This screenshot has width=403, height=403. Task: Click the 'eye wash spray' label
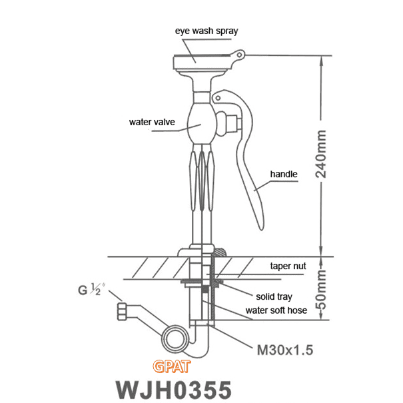click(x=206, y=31)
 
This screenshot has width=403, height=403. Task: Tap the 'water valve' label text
click(x=152, y=122)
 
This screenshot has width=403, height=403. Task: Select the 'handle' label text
click(x=284, y=174)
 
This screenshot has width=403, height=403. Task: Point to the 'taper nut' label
click(x=288, y=266)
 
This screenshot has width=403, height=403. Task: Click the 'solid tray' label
click(x=274, y=296)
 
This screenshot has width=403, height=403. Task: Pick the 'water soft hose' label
click(x=276, y=310)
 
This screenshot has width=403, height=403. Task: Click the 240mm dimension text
click(x=321, y=155)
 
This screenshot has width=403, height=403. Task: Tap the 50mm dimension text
click(x=321, y=290)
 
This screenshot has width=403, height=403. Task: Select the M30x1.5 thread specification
click(x=285, y=350)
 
